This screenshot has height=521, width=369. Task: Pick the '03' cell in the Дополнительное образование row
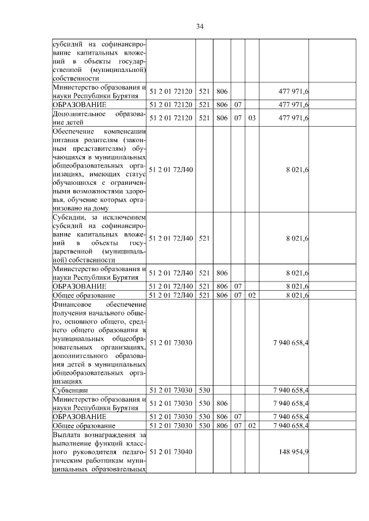click(251, 118)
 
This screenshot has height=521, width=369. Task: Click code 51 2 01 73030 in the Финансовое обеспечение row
click(171, 343)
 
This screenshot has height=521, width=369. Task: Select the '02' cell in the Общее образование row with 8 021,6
click(251, 295)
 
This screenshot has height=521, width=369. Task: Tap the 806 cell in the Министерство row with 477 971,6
click(222, 91)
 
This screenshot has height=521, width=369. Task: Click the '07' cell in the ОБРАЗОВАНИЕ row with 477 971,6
click(238, 104)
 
